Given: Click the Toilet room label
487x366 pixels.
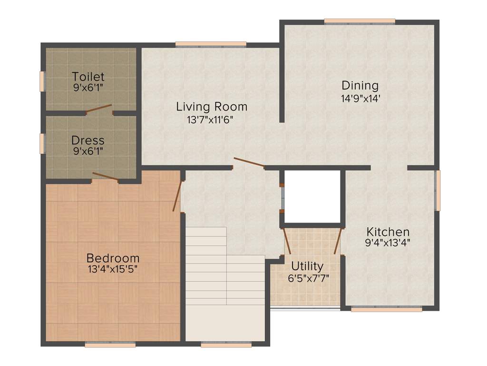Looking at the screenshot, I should click(88, 77).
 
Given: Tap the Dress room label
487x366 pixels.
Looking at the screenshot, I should click(88, 141).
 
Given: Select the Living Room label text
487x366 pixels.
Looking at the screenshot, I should click(212, 106).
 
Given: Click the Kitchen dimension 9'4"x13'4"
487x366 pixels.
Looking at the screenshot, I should click(388, 242).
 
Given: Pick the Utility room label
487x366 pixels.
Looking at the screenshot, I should click(307, 266).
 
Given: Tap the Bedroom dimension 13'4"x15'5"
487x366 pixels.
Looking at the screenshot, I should click(113, 269).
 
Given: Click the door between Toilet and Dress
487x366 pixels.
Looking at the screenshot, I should click(99, 110).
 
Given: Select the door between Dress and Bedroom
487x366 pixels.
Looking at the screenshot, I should click(105, 176).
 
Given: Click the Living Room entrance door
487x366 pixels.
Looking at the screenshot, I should click(249, 163).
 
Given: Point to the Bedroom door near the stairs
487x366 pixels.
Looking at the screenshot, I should click(177, 195).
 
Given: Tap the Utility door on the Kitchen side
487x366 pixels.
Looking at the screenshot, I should click(338, 241).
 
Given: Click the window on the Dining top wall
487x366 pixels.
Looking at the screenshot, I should click(360, 21).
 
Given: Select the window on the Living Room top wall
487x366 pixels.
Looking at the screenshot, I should click(211, 44).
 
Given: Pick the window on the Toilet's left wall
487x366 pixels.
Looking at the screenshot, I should click(42, 81).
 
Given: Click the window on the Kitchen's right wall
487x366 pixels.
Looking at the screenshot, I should click(438, 190).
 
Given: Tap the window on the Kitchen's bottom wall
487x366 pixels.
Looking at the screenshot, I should click(386, 309).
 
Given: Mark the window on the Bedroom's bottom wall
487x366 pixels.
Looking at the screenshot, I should click(110, 345).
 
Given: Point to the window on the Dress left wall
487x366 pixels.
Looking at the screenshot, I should click(42, 143).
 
